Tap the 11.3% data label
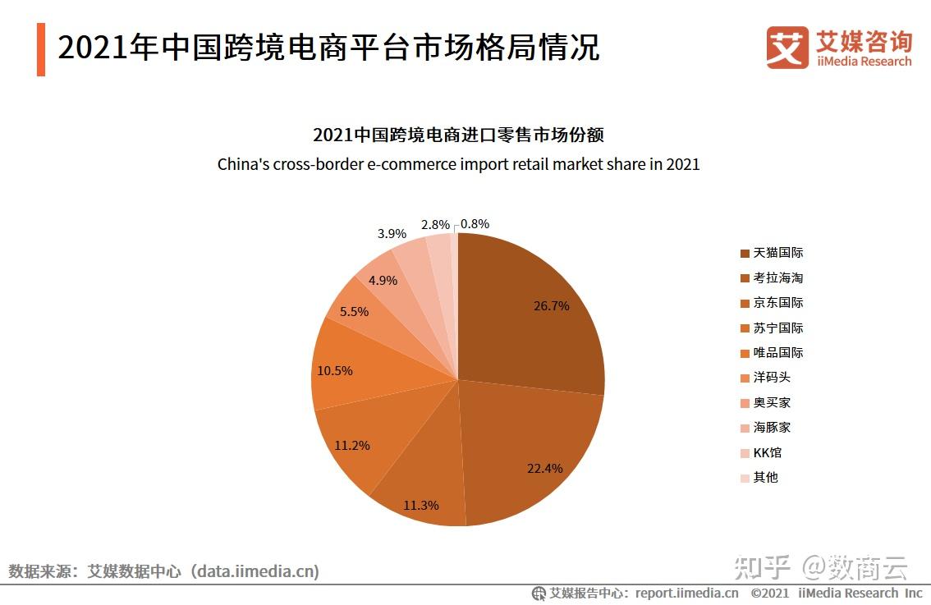pyautogui.click(x=420, y=505)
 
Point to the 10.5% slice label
pyautogui.click(x=334, y=371)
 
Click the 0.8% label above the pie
pyautogui.click(x=475, y=223)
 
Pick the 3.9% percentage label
pyautogui.click(x=392, y=234)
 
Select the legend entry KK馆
pyautogui.click(x=768, y=452)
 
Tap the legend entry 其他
pyautogui.click(x=765, y=477)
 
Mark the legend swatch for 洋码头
pyautogui.click(x=745, y=378)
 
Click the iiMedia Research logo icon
pyautogui.click(x=787, y=48)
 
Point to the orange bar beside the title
pyautogui.click(x=41, y=50)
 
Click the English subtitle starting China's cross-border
pyautogui.click(x=458, y=164)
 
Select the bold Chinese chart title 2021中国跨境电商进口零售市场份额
pyautogui.click(x=458, y=135)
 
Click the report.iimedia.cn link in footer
pyautogui.click(x=686, y=593)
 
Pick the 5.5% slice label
pyautogui.click(x=354, y=312)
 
